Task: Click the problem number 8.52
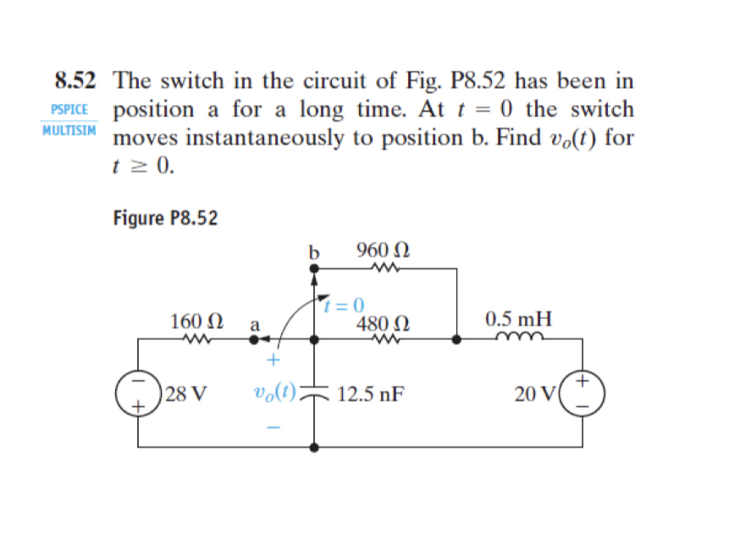click(x=74, y=82)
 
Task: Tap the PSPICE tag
click(x=69, y=111)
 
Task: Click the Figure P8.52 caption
click(x=165, y=218)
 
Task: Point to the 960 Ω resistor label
click(x=384, y=250)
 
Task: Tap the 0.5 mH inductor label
click(x=518, y=321)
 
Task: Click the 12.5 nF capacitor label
click(x=369, y=393)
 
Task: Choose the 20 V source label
click(x=536, y=393)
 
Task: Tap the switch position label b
click(x=313, y=252)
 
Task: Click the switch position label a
click(x=254, y=323)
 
